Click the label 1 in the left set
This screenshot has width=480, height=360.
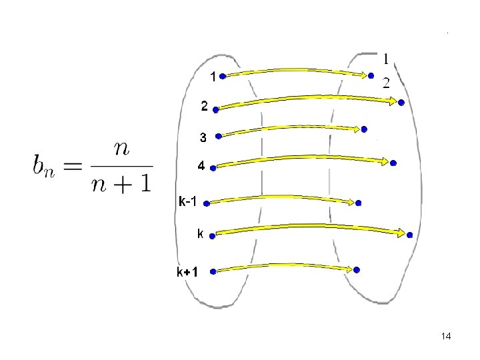tap(213, 76)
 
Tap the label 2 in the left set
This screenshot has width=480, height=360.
tap(205, 107)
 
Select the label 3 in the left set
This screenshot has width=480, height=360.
tap(204, 138)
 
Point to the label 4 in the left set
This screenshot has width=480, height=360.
tap(200, 167)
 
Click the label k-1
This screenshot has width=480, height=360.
tap(187, 201)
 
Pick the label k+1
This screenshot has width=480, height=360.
tap(187, 272)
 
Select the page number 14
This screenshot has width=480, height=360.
tap(446, 337)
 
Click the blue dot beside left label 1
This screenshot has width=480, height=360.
tap(223, 76)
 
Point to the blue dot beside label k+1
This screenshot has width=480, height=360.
tap(213, 271)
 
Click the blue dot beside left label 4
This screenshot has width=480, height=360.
tap(213, 168)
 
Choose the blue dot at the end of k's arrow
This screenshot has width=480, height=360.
tap(409, 235)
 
